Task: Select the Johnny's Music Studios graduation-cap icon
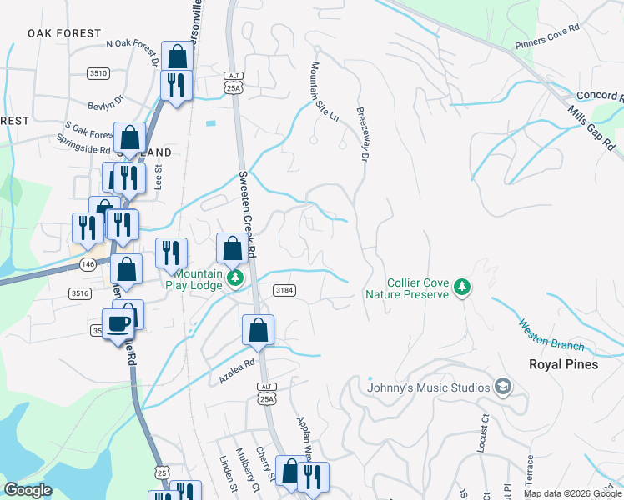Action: click(x=503, y=387)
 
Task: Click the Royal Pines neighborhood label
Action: click(x=564, y=364)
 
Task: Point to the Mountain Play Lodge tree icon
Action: click(x=236, y=277)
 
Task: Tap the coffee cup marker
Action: click(x=118, y=324)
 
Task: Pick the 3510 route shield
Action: click(x=98, y=73)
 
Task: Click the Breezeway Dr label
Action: click(x=364, y=133)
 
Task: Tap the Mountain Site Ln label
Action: click(x=325, y=91)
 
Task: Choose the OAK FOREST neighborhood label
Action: click(x=64, y=33)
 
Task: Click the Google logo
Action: click(x=28, y=490)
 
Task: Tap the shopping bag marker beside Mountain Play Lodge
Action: click(x=232, y=249)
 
